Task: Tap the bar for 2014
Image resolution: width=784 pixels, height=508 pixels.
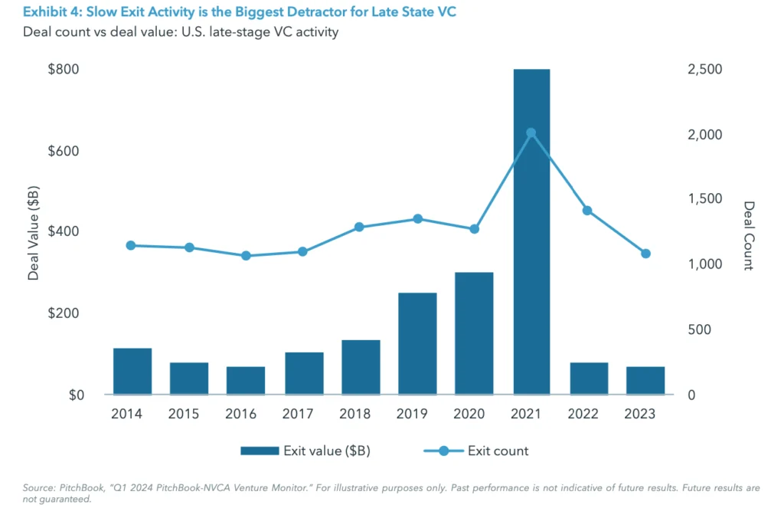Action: pos(132,371)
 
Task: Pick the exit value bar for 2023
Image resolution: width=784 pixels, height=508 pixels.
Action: pos(645,380)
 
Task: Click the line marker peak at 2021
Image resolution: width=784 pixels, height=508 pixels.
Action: pos(531,133)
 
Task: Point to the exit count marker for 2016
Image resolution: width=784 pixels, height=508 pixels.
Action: pos(246,255)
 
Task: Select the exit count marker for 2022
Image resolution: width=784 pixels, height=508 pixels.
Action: pos(588,211)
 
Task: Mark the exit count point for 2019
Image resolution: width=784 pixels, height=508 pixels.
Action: pos(417,219)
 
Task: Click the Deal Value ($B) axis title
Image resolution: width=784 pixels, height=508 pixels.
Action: pos(34,232)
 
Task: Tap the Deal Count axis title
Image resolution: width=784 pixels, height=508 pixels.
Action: pos(749,235)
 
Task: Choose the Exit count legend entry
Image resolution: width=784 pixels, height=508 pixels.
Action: pos(498,451)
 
